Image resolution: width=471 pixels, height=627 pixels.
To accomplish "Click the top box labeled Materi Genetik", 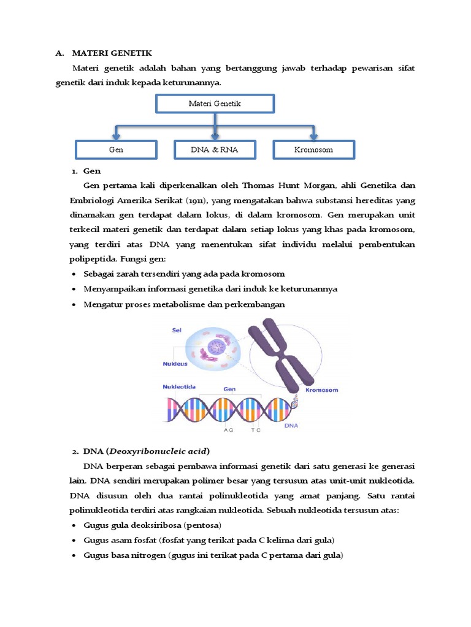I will click(x=214, y=103).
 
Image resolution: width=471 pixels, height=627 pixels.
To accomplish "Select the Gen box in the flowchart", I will click(x=116, y=149).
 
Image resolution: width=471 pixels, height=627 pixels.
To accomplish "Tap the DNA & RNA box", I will click(x=214, y=149).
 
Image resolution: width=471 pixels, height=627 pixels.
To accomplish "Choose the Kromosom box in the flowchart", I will click(x=313, y=149).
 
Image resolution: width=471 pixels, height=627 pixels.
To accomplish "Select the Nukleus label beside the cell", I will click(x=175, y=362).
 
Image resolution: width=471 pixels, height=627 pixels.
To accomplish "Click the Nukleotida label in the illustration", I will click(x=179, y=387).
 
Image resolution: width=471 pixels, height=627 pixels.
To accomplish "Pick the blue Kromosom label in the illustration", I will click(x=321, y=389).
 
